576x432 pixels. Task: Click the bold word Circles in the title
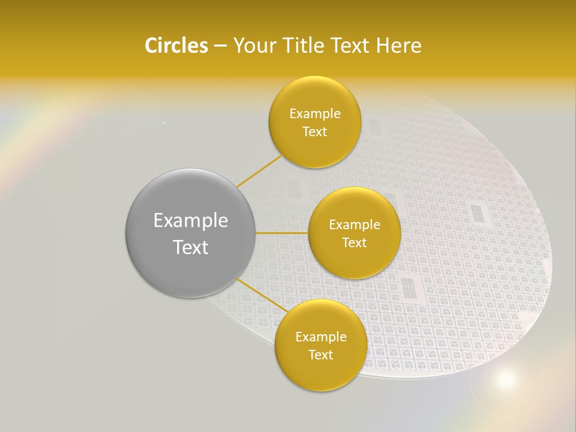pyautogui.click(x=176, y=46)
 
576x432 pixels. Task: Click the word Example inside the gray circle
pyautogui.click(x=191, y=221)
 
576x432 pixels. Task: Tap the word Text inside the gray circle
pyautogui.click(x=191, y=247)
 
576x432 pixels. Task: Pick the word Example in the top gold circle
pyautogui.click(x=314, y=114)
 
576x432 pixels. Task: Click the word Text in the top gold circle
pyautogui.click(x=314, y=132)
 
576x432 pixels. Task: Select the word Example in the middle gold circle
pyautogui.click(x=354, y=225)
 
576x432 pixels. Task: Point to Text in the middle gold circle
pyautogui.click(x=354, y=243)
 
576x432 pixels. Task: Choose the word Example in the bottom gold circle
pyautogui.click(x=320, y=337)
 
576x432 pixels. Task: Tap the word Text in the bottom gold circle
pyautogui.click(x=320, y=355)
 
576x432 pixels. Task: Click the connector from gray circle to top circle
pyautogui.click(x=259, y=170)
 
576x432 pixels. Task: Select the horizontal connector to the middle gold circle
pyautogui.click(x=282, y=233)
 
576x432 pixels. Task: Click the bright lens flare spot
pyautogui.click(x=506, y=379)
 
